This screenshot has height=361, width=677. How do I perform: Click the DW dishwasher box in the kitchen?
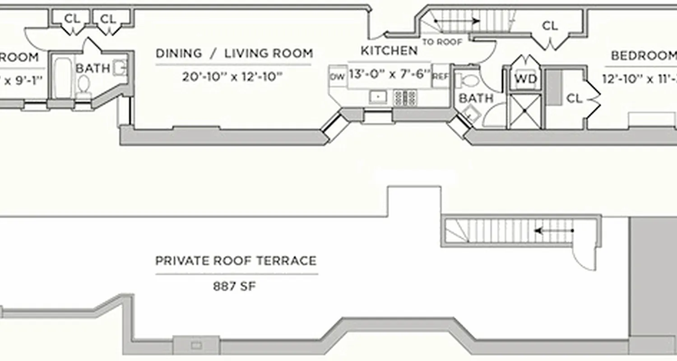337,77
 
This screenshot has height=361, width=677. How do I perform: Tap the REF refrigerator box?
440,76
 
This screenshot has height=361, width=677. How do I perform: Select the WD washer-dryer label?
526,79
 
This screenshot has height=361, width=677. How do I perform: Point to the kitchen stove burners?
405,97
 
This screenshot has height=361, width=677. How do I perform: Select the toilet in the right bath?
468,81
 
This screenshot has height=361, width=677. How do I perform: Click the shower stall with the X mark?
524,111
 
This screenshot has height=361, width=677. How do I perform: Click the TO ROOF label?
442,42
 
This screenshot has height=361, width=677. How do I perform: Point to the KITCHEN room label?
389,51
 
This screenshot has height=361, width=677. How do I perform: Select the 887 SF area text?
234,287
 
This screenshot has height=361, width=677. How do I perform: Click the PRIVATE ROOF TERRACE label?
236,261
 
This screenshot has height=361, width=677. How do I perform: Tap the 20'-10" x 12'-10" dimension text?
232,77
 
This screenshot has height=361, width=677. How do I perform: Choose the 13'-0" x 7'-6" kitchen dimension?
389,74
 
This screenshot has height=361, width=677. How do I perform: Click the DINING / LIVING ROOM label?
234,53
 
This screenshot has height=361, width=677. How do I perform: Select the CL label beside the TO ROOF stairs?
550,26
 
